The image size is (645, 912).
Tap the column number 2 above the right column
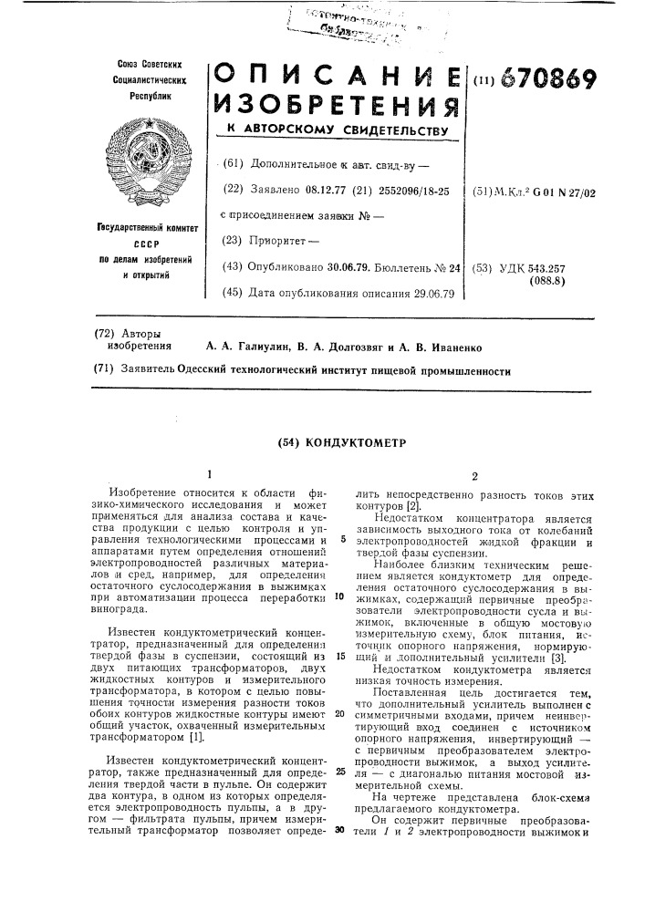473,476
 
